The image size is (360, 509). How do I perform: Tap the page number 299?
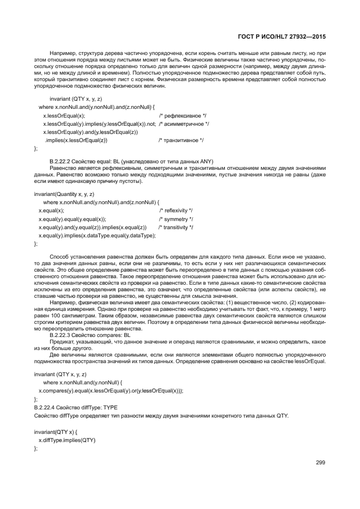(321, 462)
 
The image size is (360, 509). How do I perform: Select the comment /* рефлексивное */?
(182, 116)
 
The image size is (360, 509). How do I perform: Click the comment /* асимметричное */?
(185, 124)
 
